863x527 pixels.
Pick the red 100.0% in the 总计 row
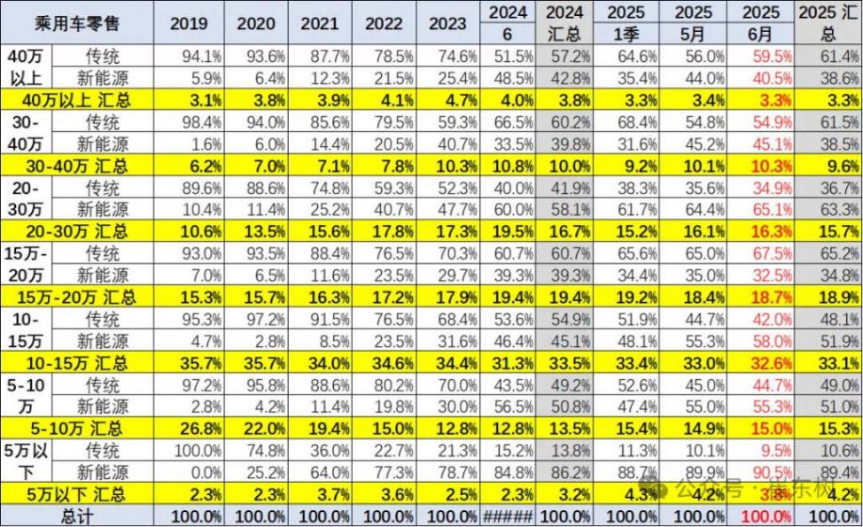[761, 515]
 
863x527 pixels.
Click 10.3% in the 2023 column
[447, 167]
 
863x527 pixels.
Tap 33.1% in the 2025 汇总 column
[831, 363]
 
